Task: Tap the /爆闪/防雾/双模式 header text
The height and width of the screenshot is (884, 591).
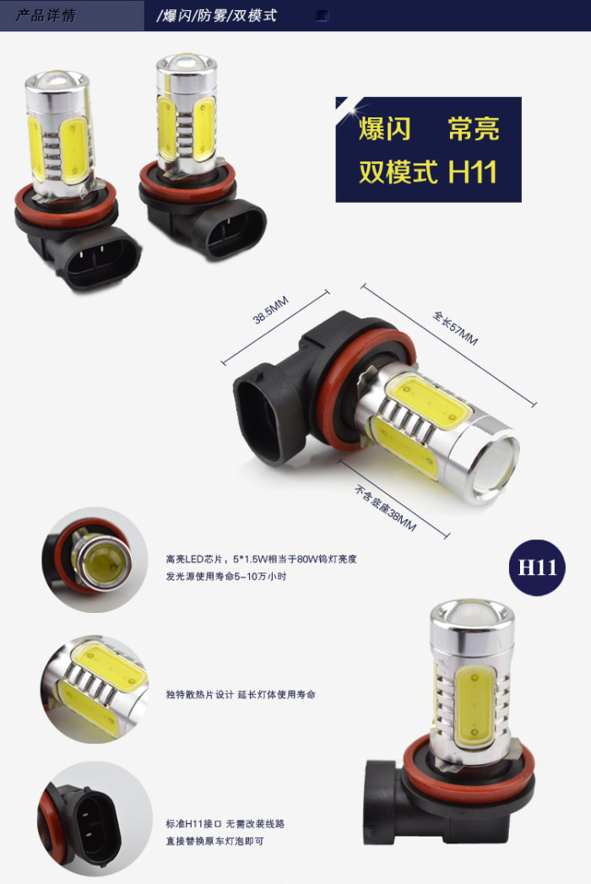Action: [x=216, y=15]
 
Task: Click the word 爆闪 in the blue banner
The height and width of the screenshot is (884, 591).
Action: [x=384, y=128]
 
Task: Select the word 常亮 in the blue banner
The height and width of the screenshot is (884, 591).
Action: [x=474, y=128]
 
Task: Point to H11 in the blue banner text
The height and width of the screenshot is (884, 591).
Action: [x=473, y=171]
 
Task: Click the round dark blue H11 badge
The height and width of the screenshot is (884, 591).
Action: [x=538, y=567]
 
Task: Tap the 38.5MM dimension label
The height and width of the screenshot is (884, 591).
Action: [x=271, y=310]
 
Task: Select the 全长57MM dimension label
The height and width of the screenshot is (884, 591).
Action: [x=455, y=328]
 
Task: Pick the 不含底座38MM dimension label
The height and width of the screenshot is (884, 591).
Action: [x=385, y=508]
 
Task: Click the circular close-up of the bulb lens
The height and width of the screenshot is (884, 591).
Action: [x=95, y=560]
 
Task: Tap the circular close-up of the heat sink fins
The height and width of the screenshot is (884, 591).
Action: [x=95, y=690]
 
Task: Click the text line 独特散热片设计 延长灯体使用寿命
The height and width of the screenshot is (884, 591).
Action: [x=241, y=695]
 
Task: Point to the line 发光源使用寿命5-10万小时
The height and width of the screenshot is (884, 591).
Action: [x=226, y=576]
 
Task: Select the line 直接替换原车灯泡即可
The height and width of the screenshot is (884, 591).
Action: [x=214, y=841]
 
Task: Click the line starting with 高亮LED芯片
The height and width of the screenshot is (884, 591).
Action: [x=261, y=559]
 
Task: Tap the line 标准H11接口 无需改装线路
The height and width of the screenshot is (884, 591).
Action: [x=225, y=824]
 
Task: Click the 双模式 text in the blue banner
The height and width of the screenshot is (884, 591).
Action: [x=399, y=172]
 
